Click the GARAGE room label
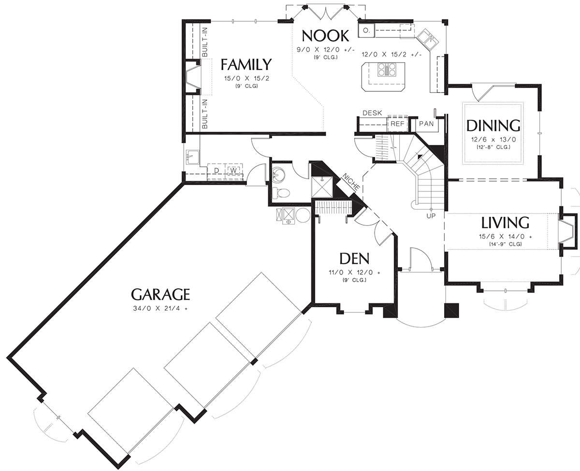click(x=160, y=294)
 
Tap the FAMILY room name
click(x=246, y=65)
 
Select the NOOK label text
click(x=325, y=36)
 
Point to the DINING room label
click(x=493, y=126)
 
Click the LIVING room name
click(x=506, y=223)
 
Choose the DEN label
click(x=355, y=258)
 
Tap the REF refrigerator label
click(x=397, y=124)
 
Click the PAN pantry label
click(x=426, y=124)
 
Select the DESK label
click(x=372, y=113)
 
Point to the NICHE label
click(x=351, y=182)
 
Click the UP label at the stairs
click(x=431, y=216)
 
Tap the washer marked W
click(x=233, y=171)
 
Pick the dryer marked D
click(x=217, y=171)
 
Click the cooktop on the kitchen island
click(x=386, y=69)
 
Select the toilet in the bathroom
click(x=281, y=193)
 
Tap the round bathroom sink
click(x=278, y=173)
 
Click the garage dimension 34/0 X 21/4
click(x=160, y=309)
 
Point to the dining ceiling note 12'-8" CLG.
click(x=493, y=147)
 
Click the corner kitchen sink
click(x=428, y=40)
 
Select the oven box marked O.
click(x=366, y=30)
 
